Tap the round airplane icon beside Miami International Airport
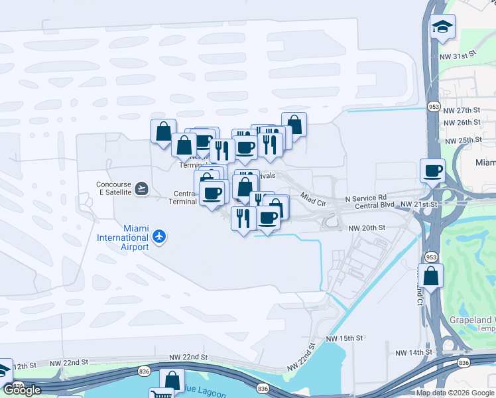click(158, 236)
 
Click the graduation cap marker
click(442, 27)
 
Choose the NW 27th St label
click(462, 110)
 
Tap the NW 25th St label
click(462, 141)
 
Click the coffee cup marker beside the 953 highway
click(433, 171)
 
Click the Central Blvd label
click(375, 206)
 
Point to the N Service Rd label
click(366, 198)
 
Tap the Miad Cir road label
click(314, 198)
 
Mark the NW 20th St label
click(367, 228)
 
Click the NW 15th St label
click(344, 338)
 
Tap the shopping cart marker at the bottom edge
click(161, 395)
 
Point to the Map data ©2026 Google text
click(455, 393)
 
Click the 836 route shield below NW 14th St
click(464, 362)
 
